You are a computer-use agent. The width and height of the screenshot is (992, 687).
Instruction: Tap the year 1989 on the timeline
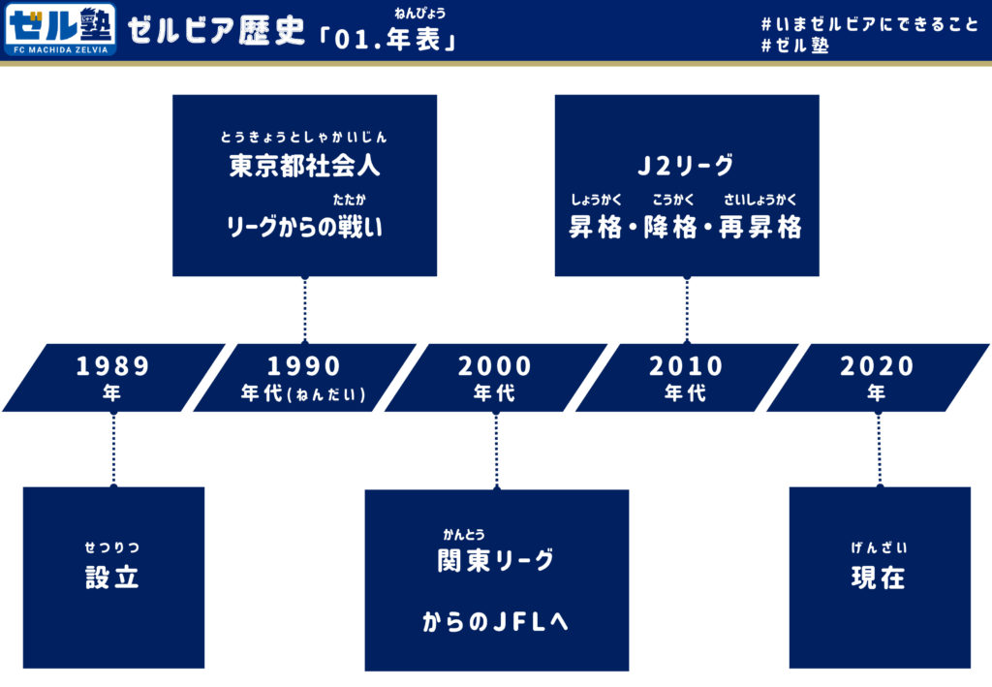[x=113, y=366]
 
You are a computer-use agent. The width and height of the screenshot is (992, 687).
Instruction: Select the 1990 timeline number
[x=304, y=366]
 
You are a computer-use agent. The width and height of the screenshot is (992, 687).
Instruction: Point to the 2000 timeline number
[x=495, y=366]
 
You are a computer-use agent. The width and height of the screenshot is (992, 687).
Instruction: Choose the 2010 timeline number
[x=686, y=366]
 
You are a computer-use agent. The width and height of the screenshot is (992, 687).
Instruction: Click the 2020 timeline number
[x=877, y=366]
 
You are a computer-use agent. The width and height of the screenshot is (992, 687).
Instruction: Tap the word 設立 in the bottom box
[x=112, y=578]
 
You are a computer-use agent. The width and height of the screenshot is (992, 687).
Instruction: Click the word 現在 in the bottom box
[x=879, y=578]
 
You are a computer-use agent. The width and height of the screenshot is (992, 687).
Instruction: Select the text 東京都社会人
[x=304, y=166]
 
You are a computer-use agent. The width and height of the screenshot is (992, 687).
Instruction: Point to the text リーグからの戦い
[x=304, y=228]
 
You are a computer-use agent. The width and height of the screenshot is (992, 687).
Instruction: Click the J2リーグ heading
[x=686, y=166]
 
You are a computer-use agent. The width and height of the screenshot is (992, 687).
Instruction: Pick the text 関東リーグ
[x=496, y=560]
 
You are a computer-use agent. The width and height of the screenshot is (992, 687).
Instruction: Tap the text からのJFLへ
[x=496, y=622]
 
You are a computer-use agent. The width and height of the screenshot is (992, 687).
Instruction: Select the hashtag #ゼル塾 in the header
[x=796, y=46]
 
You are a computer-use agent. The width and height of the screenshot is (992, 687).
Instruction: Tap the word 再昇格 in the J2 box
[x=760, y=229]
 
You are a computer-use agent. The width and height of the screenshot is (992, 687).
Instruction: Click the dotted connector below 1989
[x=113, y=449]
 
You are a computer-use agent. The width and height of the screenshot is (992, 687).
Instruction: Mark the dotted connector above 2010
[x=687, y=309]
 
